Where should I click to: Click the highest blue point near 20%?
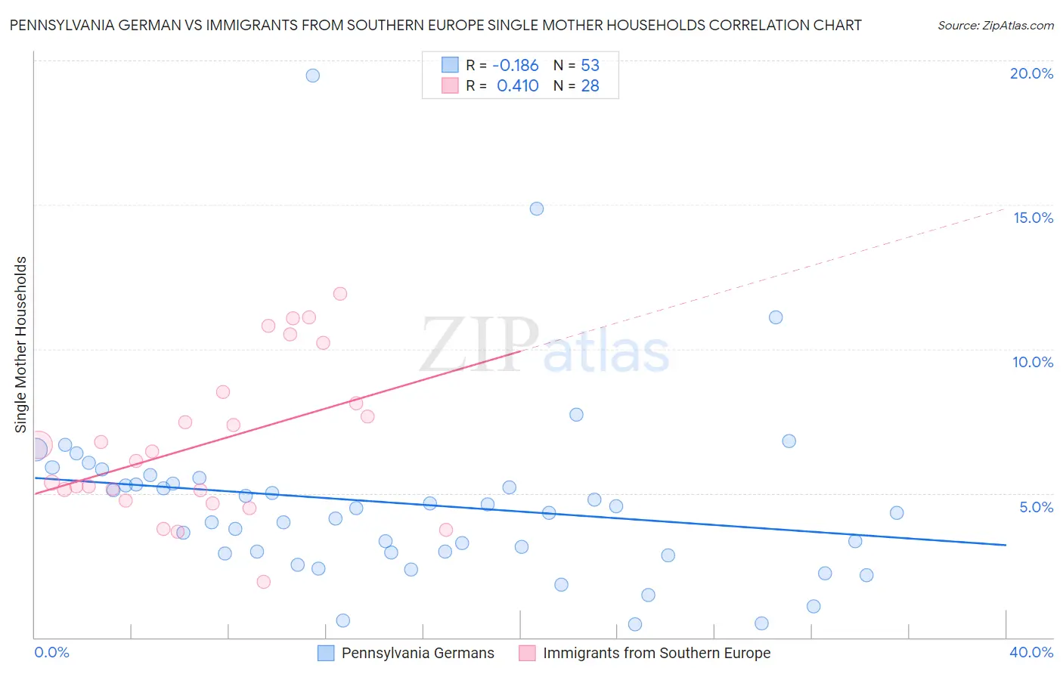(312, 76)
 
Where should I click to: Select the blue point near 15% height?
(537, 209)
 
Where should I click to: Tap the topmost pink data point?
(340, 294)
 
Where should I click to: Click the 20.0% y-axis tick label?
(1031, 73)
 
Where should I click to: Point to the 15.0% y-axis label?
(1033, 218)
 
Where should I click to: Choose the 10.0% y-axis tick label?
(1033, 362)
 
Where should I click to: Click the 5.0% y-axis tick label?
(1036, 507)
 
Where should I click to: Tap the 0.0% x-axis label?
(52, 652)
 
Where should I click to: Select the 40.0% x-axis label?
(1031, 652)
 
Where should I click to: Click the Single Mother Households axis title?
(21, 345)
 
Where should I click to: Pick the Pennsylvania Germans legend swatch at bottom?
(326, 653)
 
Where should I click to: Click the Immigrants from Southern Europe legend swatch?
(527, 653)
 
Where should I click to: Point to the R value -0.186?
(515, 66)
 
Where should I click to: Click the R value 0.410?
(517, 86)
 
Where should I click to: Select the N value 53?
(590, 66)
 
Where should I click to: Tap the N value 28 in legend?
(590, 86)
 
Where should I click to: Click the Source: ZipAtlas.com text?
(995, 26)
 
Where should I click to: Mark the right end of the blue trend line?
(1006, 545)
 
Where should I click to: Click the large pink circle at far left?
(37, 447)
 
